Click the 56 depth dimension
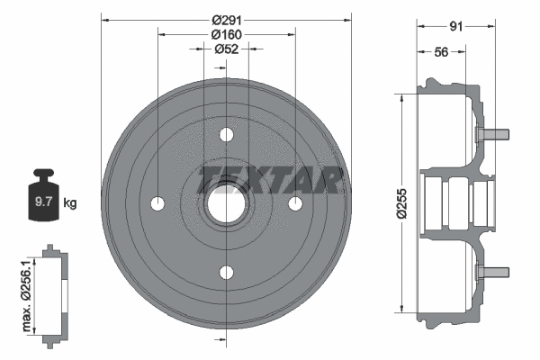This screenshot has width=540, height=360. click(x=441, y=52)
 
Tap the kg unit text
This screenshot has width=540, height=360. click(x=69, y=202)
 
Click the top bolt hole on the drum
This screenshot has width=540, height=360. click(x=226, y=135)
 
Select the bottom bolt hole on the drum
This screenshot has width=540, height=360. click(x=226, y=274)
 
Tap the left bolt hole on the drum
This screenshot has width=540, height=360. click(x=157, y=204)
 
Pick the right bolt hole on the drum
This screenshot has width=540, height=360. click(x=294, y=204)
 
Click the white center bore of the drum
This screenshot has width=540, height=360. click(x=226, y=204)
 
